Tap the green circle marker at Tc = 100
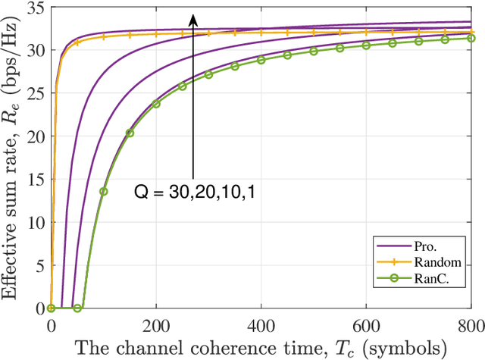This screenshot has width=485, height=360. point(104,191)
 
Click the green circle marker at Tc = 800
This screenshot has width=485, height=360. point(471,38)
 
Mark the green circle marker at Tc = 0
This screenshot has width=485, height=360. point(52,308)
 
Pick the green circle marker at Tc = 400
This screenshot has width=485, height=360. point(261,59)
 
